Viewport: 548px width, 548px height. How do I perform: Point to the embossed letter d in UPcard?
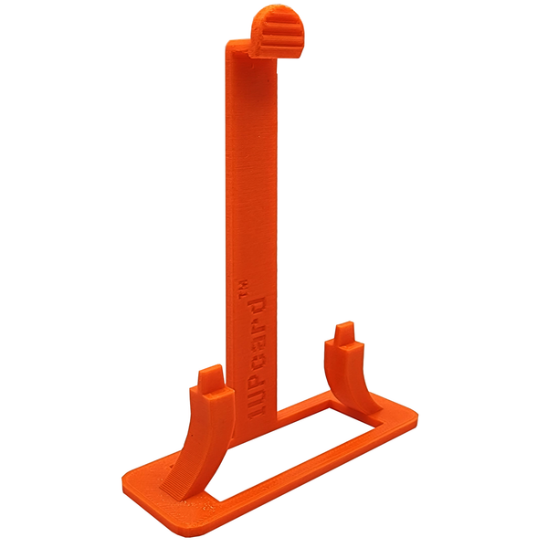click(257, 308)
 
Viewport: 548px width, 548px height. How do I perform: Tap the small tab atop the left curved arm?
click(210, 376)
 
